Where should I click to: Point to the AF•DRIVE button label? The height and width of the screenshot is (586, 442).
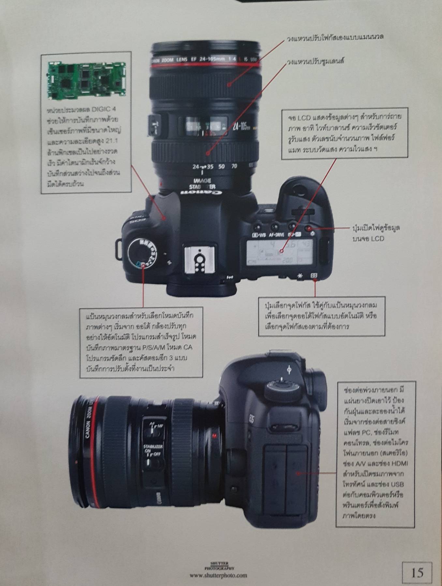[277, 235]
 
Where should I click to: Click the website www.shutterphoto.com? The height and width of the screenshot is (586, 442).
[219, 575]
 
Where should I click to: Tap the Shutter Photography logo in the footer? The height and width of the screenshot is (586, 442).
[219, 565]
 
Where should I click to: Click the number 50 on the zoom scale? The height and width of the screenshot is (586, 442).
[221, 167]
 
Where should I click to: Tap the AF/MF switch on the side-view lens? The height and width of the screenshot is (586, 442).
[153, 430]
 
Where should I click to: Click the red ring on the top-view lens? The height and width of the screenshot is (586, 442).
[205, 65]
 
